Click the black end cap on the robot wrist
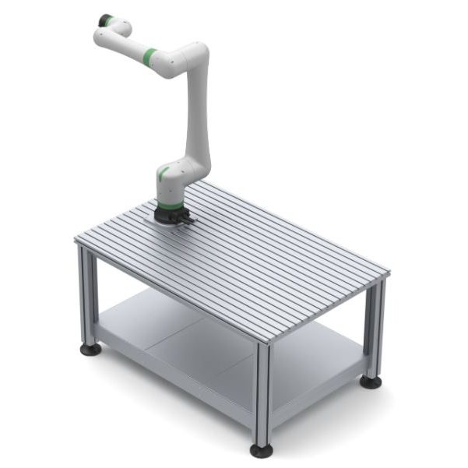click(103, 19)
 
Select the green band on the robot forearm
click(148, 57)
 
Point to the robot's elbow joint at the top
click(196, 57)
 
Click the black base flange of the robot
click(168, 213)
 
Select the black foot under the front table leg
click(261, 450)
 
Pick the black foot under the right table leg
click(371, 382)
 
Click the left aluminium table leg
click(87, 296)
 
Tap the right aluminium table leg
click(375, 327)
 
